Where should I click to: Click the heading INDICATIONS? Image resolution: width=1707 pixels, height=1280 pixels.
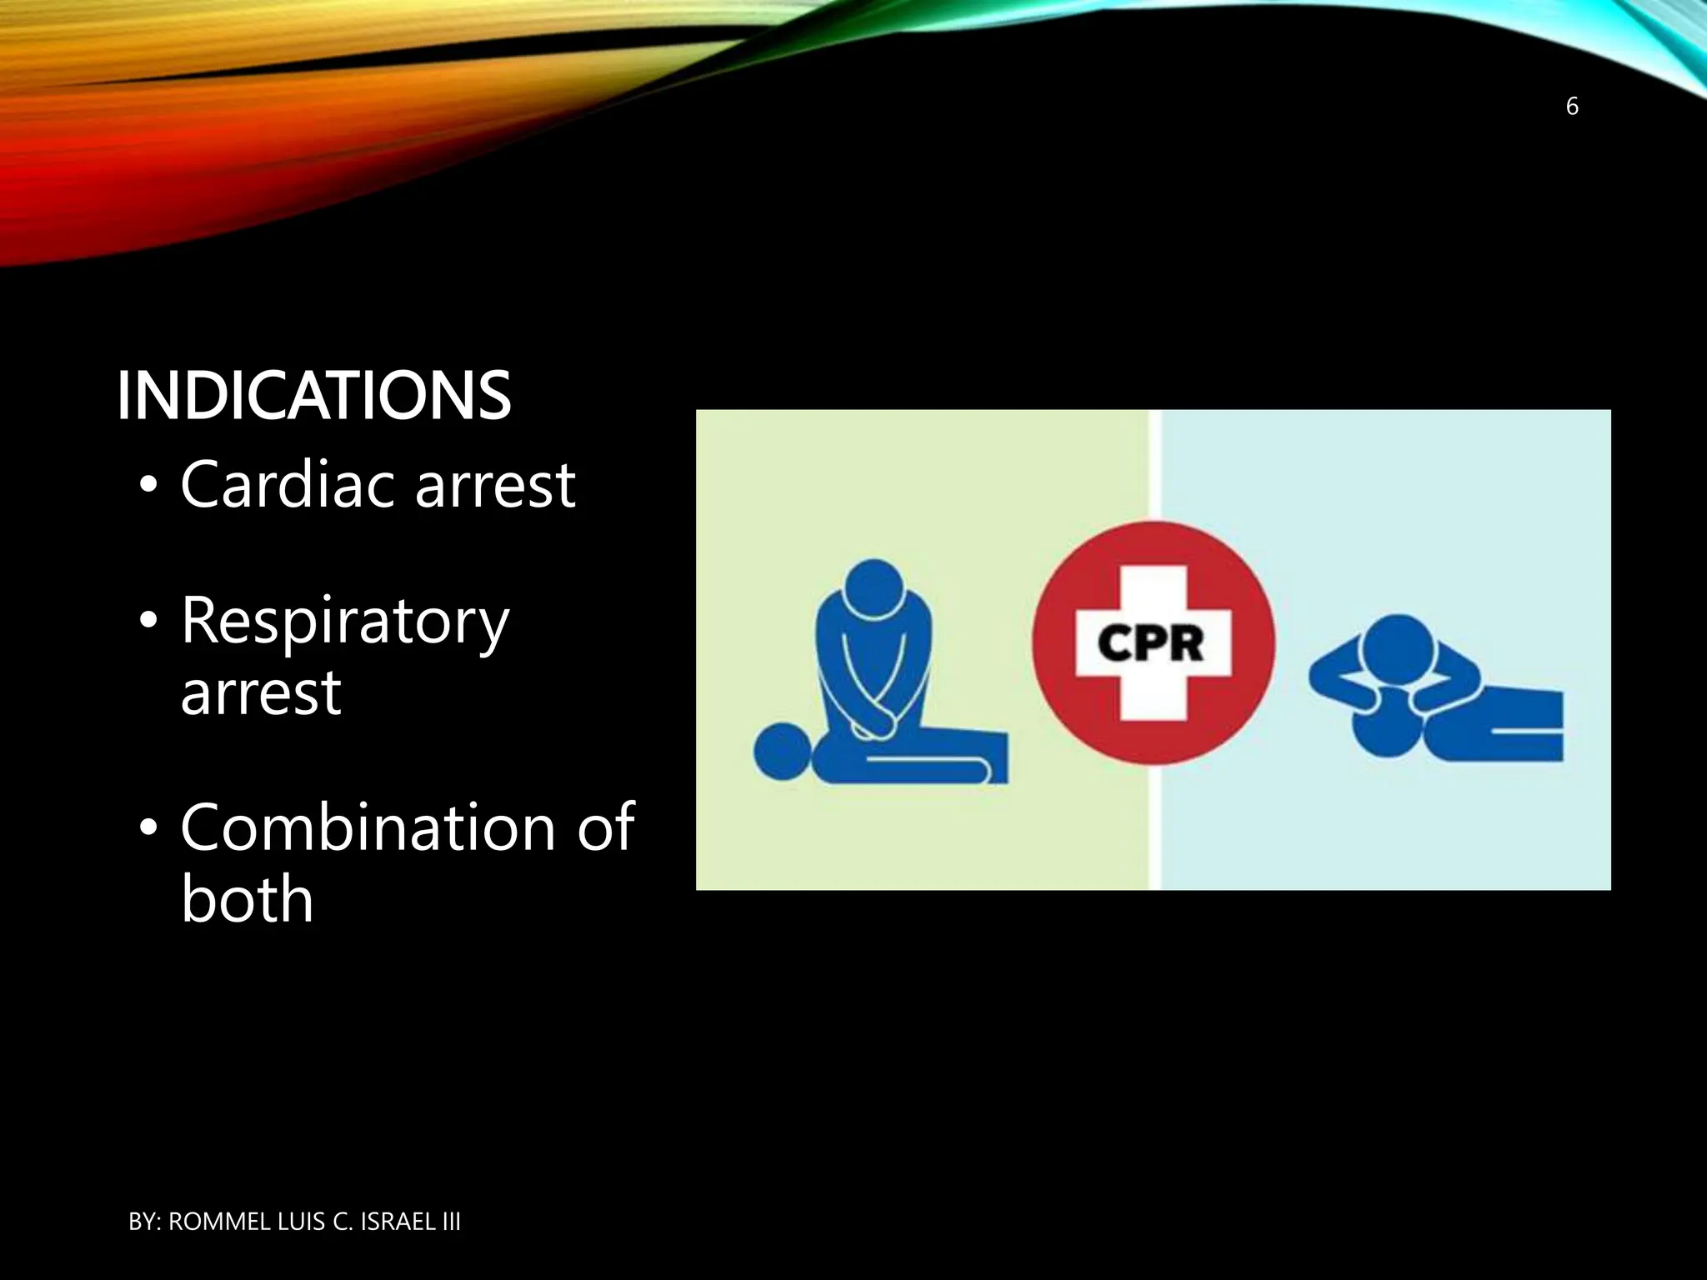point(313,396)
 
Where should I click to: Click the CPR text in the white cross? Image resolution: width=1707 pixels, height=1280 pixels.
point(1152,643)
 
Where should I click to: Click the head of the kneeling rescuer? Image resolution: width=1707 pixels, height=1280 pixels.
point(873,587)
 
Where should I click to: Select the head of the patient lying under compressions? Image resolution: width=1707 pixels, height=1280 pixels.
point(781,752)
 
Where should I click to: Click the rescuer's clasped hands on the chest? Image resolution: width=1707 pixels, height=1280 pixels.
point(874,722)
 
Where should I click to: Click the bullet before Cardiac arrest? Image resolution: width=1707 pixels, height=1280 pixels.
point(148,487)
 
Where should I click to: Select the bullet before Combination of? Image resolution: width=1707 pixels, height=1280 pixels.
point(148,830)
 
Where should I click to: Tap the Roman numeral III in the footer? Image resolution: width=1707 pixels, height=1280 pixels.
point(450,1222)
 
